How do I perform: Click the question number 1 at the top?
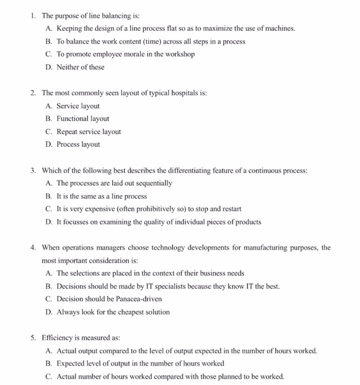click(33, 15)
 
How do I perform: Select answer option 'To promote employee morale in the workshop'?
click(126, 54)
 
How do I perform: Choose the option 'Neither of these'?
click(80, 68)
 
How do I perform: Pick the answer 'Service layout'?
click(78, 106)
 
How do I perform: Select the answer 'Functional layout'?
click(83, 119)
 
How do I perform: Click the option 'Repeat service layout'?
click(89, 132)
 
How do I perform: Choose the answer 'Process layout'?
click(78, 145)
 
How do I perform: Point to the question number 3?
click(33, 170)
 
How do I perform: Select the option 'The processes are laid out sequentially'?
click(114, 184)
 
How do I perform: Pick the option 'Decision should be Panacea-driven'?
click(109, 299)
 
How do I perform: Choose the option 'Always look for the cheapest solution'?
click(113, 312)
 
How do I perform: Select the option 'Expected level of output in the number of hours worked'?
click(140, 364)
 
